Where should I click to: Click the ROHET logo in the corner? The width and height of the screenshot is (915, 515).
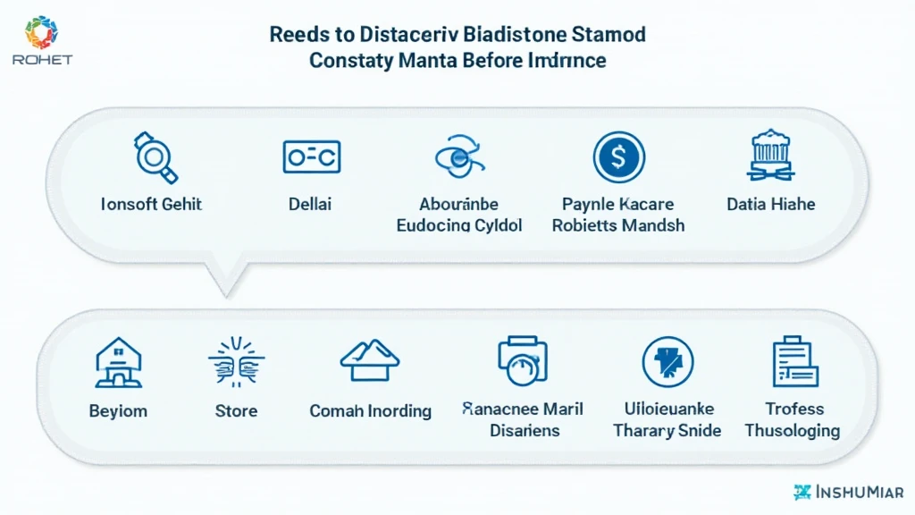[42, 41]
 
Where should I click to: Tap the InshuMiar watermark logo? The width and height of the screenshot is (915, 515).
[848, 492]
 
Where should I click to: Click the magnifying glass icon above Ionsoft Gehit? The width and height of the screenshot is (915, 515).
[155, 156]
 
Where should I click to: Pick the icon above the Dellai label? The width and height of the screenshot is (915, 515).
[311, 156]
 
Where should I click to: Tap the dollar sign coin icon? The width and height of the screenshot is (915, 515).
[618, 157]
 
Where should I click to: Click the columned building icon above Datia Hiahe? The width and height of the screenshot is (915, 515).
[770, 155]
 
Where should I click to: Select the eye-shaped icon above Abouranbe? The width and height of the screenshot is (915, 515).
[458, 158]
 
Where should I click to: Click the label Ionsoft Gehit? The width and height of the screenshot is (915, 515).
[152, 204]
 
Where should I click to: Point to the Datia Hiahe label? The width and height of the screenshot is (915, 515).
[770, 204]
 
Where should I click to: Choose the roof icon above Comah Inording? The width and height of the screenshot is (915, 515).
[369, 359]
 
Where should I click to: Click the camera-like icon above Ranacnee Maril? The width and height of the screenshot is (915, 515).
[523, 360]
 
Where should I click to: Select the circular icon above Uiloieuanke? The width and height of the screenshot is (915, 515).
[667, 361]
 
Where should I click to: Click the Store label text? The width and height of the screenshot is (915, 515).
[236, 411]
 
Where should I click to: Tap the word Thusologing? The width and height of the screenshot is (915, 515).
[793, 431]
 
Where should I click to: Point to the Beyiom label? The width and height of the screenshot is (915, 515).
[118, 411]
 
